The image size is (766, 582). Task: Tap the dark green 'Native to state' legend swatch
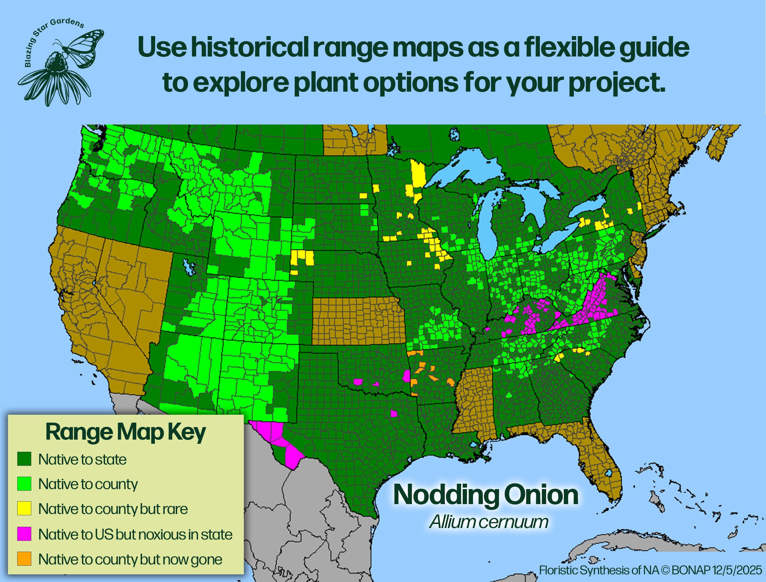click(x=24, y=459)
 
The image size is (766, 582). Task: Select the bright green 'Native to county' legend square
click(x=24, y=484)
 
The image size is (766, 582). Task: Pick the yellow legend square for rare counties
click(x=24, y=509)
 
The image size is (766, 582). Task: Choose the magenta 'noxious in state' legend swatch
click(x=24, y=534)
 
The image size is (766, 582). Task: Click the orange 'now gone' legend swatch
click(x=24, y=558)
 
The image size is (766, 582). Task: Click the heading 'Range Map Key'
click(x=125, y=432)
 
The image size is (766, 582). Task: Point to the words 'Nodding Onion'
click(x=486, y=495)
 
